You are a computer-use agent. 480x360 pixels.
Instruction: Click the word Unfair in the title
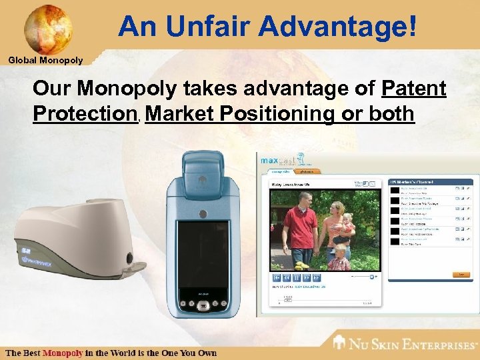210,27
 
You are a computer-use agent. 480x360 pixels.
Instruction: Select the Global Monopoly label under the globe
45,61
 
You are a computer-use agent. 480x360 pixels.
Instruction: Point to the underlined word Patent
414,89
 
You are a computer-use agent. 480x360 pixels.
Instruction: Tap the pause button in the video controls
297,277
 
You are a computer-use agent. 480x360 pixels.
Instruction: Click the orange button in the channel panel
459,274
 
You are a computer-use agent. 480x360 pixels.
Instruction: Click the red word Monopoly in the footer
63,352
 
